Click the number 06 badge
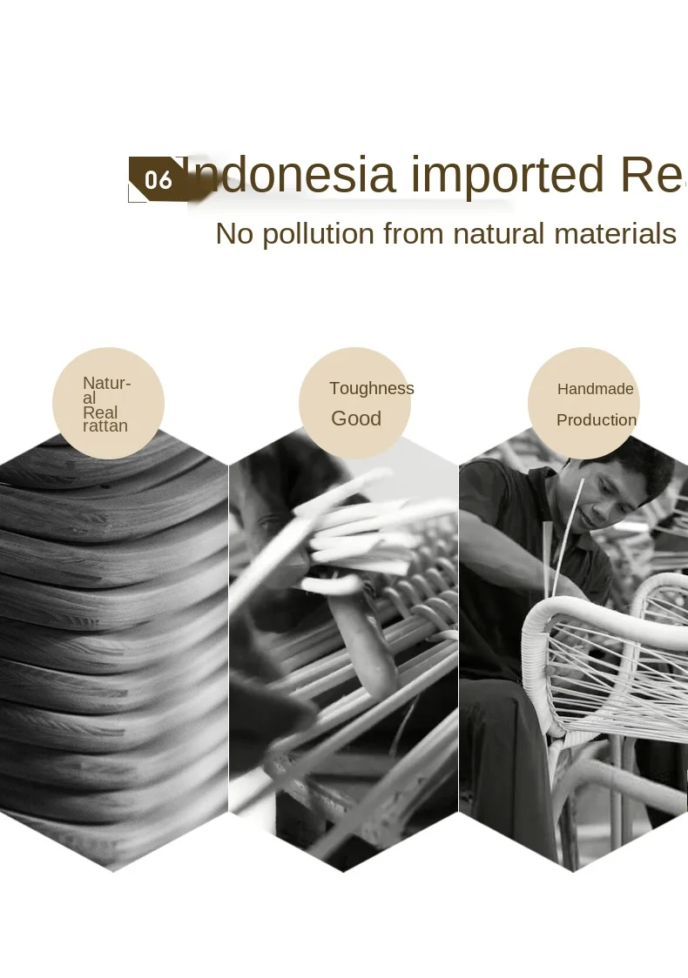pyautogui.click(x=159, y=180)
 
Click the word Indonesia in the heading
pyautogui.click(x=292, y=175)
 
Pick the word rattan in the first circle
pyautogui.click(x=105, y=426)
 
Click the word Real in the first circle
pyautogui.click(x=100, y=412)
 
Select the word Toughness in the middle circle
pyautogui.click(x=372, y=389)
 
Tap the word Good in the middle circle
pyautogui.click(x=356, y=419)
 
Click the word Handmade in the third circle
pyautogui.click(x=596, y=389)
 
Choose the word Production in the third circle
pyautogui.click(x=597, y=420)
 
